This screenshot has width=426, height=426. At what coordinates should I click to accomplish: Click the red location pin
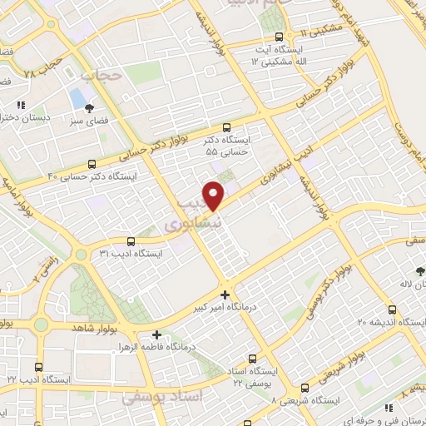coord(215,195)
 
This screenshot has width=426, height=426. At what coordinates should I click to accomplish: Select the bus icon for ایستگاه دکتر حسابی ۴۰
coord(92,164)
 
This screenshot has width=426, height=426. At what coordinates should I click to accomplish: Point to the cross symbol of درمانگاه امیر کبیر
coord(225,295)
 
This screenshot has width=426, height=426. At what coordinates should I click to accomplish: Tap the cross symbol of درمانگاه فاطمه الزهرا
coord(156,334)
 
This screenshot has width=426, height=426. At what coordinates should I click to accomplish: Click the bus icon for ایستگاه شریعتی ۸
coord(305,388)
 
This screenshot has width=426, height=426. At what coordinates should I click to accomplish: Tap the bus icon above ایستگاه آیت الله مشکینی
coord(279,37)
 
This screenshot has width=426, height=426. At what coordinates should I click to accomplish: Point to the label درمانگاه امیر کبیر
coord(223,308)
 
